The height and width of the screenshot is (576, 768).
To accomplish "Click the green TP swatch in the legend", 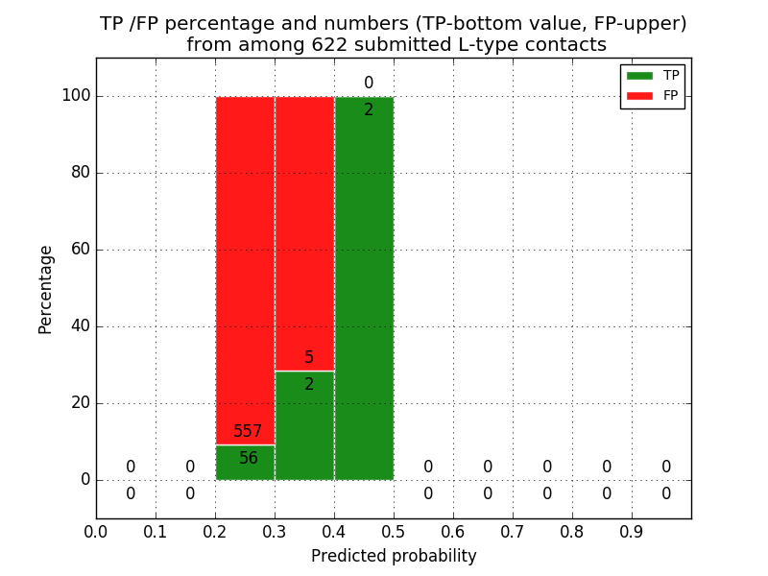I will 639,75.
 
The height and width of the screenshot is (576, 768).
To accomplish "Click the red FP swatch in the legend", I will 639,95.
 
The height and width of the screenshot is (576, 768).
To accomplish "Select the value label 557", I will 248,432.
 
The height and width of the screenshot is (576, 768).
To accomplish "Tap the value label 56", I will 249,459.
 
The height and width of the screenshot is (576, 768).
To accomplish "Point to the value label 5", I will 309,358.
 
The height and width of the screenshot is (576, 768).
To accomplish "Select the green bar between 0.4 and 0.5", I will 364,288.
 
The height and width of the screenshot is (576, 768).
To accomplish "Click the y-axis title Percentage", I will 46,289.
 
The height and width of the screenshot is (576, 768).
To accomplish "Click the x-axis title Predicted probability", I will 394,556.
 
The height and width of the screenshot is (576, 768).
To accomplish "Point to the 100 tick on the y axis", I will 76,96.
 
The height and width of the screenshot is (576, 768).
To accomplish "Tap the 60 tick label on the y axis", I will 80,250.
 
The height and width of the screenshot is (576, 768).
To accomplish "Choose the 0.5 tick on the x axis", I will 394,531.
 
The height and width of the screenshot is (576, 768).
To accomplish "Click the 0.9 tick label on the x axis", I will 632,531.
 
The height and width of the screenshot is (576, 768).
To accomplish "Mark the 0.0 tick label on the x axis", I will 96,531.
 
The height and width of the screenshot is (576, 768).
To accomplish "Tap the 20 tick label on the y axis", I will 80,403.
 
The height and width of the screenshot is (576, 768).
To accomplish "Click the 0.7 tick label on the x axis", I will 513,531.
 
